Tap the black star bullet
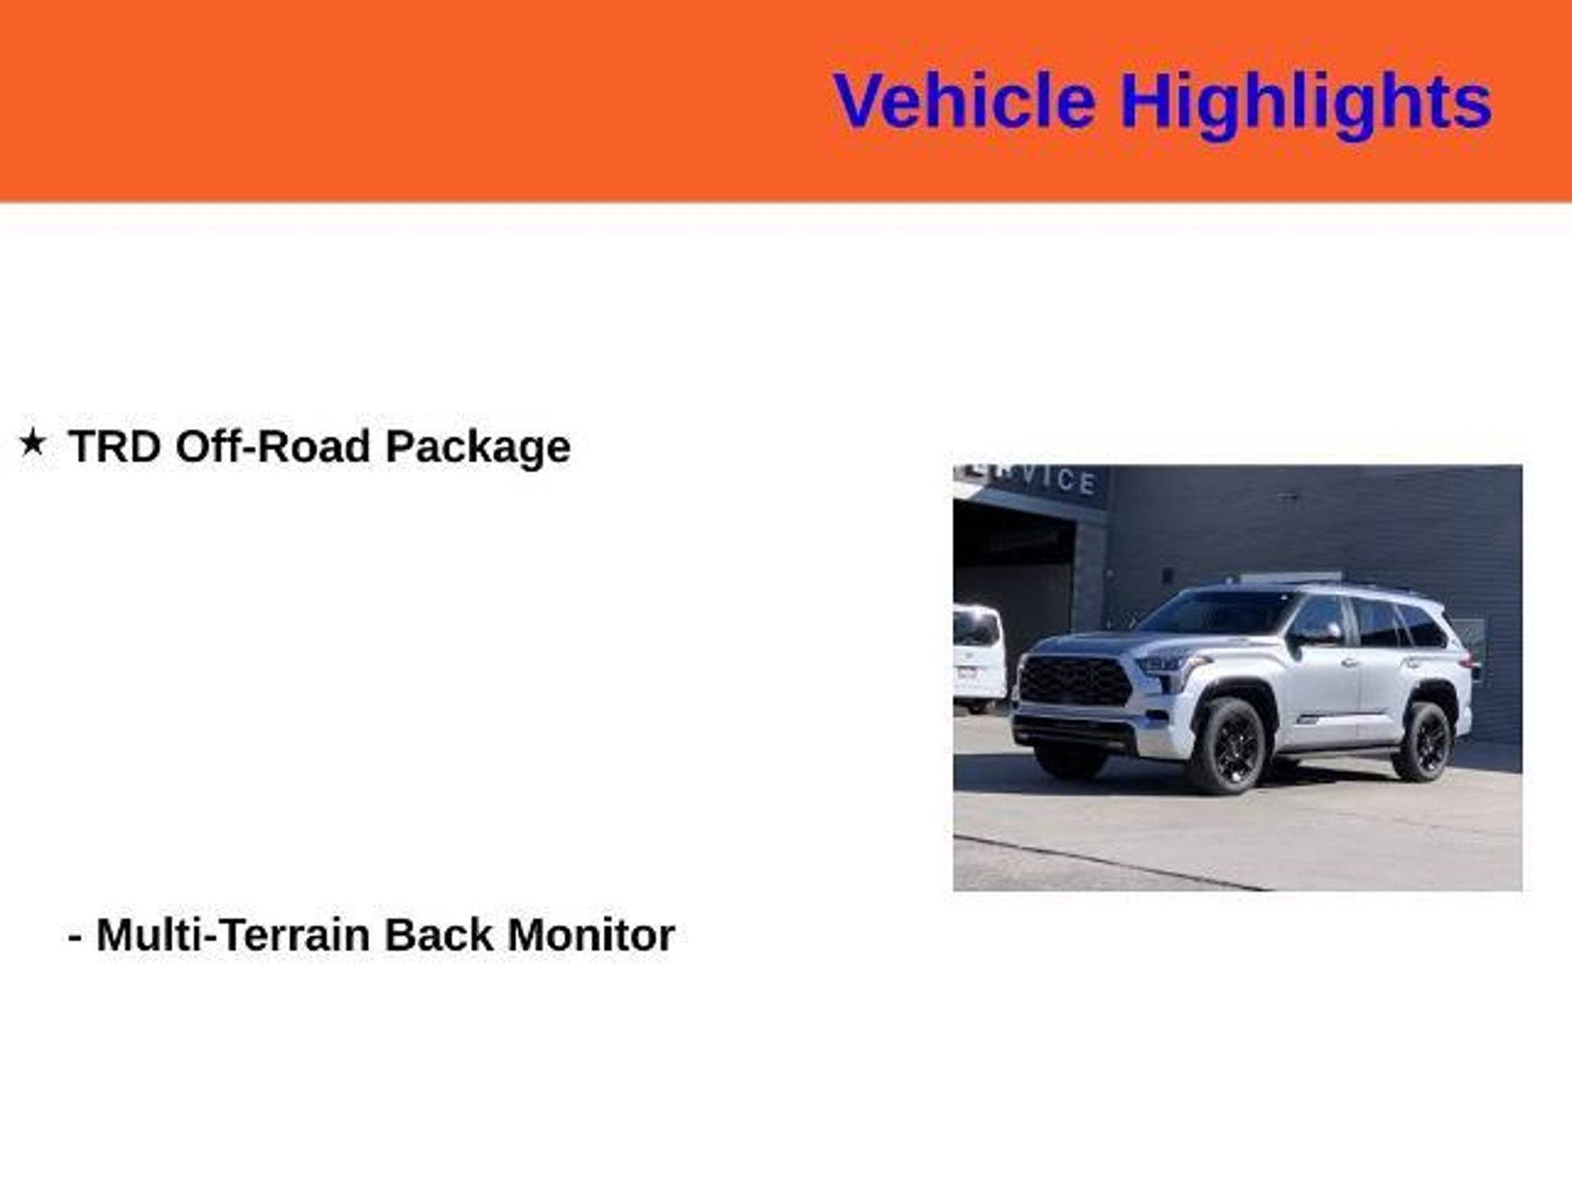coord(32,442)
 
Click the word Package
coord(477,447)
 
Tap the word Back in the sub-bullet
coord(438,935)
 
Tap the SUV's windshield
coord(1220,622)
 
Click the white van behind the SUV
coord(979,657)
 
